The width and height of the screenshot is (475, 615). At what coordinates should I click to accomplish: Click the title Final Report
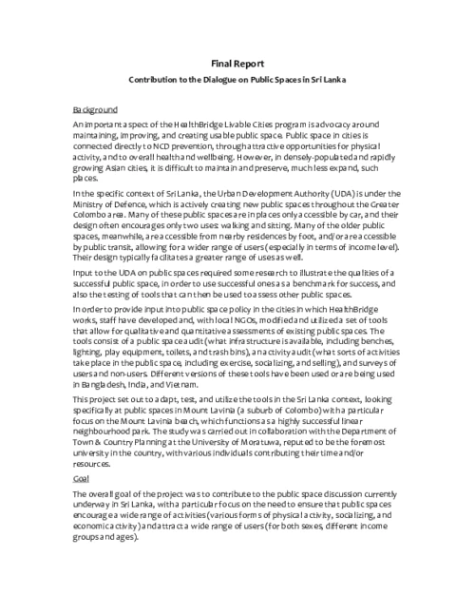[x=237, y=63]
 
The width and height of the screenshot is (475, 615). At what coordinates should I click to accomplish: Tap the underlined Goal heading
[x=81, y=479]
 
